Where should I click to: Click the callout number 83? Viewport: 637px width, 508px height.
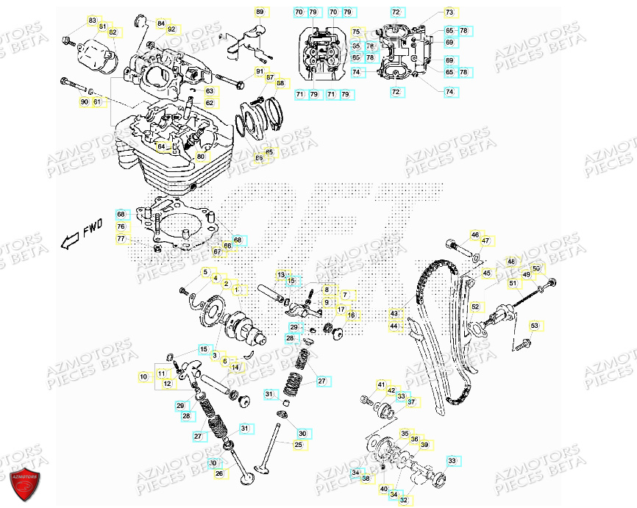click(92, 20)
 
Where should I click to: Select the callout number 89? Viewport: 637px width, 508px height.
click(259, 12)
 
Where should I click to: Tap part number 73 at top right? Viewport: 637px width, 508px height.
click(449, 12)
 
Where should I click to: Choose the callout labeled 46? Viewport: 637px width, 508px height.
click(474, 235)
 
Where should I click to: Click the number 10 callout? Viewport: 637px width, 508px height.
click(143, 376)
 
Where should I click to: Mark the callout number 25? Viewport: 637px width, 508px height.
click(298, 445)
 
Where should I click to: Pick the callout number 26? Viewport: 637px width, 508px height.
click(218, 473)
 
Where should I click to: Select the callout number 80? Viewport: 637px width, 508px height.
click(200, 157)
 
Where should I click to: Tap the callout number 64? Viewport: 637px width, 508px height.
click(161, 146)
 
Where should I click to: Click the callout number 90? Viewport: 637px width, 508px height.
click(84, 101)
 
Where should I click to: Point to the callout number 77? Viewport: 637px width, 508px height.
click(121, 239)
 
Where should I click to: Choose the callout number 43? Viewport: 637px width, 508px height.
click(394, 312)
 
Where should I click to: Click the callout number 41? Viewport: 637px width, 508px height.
click(381, 384)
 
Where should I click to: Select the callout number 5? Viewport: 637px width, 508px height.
click(206, 272)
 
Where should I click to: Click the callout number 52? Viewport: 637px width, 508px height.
click(475, 307)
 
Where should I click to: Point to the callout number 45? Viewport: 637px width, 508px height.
click(486, 273)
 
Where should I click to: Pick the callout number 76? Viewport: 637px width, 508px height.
click(121, 227)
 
